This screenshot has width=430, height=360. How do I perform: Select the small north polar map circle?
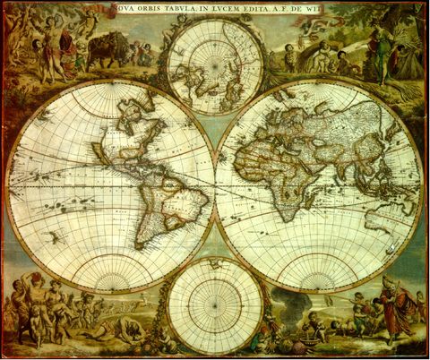tap(215, 67)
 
